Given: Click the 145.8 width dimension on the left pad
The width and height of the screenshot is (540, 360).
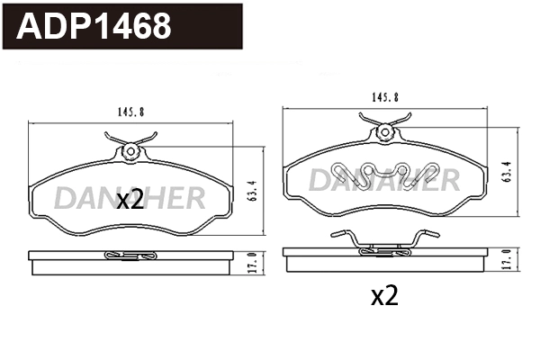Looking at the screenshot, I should pyautogui.click(x=130, y=112).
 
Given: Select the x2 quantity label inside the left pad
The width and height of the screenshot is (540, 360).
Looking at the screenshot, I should pyautogui.click(x=130, y=202).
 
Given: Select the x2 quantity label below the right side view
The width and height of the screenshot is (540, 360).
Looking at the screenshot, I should pyautogui.click(x=384, y=296).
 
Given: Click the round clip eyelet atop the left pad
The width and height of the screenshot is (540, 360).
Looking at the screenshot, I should pyautogui.click(x=130, y=150).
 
